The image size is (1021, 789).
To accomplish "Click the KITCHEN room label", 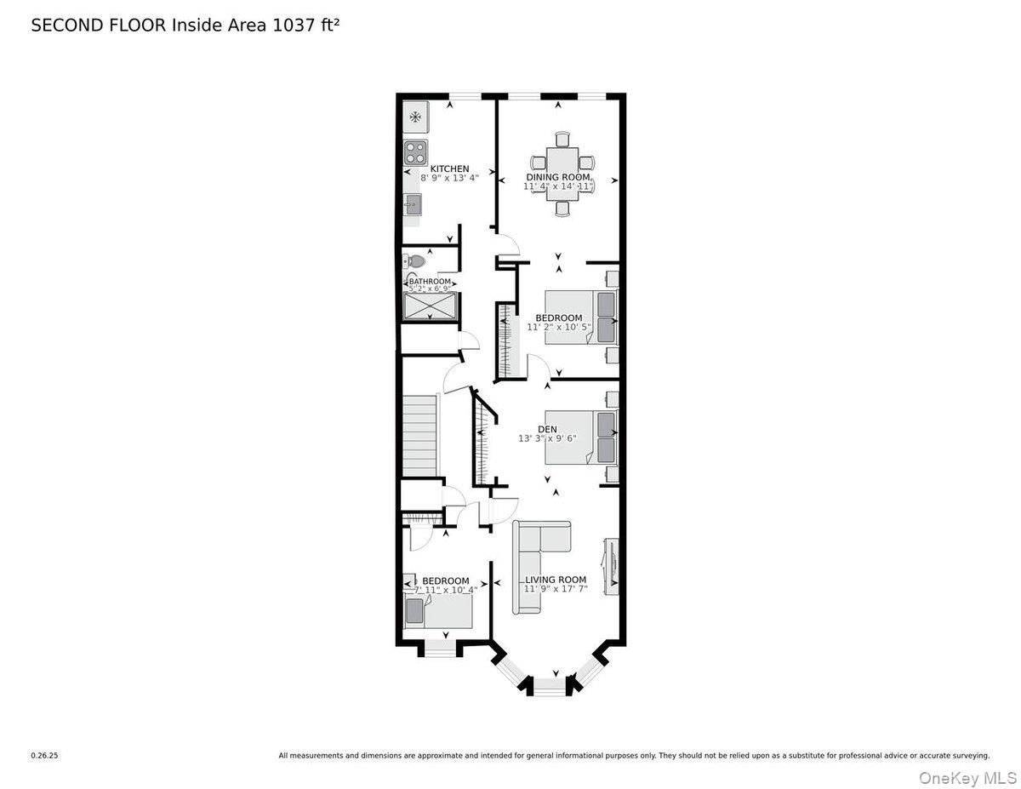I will point(449,169).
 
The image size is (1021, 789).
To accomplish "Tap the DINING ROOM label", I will point(557,176).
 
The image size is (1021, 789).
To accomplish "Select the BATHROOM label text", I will point(430,282).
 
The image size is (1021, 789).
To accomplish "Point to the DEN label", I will point(547,429).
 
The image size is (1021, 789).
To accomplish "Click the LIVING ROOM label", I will point(556,580).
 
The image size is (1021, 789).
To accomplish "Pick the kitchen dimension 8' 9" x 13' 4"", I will point(450,178).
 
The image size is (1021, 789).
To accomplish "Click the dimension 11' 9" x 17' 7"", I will point(556,589).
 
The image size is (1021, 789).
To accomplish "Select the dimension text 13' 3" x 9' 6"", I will point(547,439).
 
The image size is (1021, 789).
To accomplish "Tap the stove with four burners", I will point(414,153).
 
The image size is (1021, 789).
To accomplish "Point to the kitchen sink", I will point(413,204).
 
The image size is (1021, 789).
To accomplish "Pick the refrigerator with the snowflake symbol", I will point(415,117).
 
